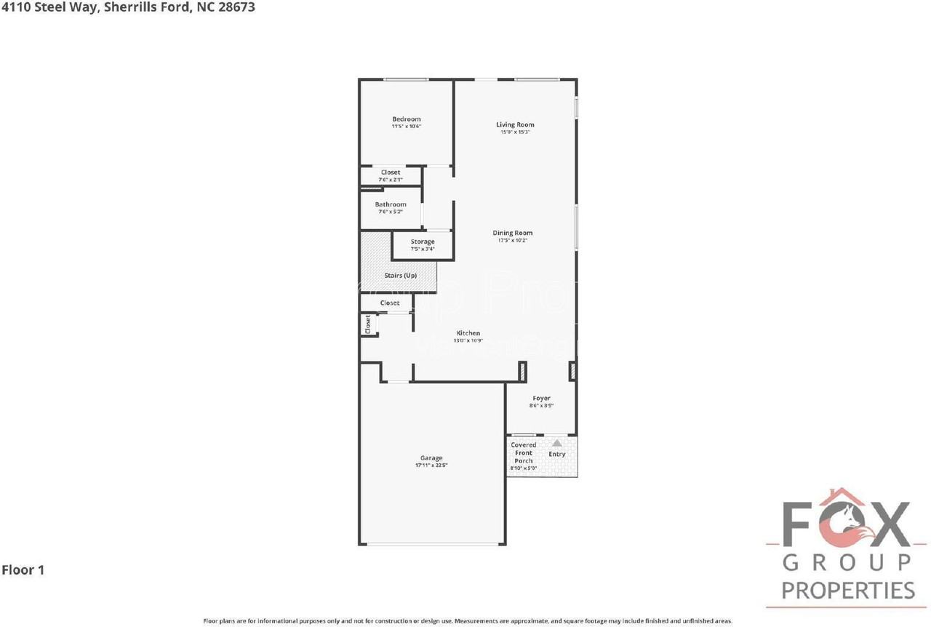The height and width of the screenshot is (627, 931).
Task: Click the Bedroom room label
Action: pyautogui.click(x=406, y=119)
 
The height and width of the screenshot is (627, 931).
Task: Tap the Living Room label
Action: pyautogui.click(x=515, y=125)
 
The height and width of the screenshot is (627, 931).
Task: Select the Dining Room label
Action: pyautogui.click(x=512, y=233)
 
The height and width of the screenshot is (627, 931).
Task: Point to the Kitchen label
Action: pyautogui.click(x=468, y=333)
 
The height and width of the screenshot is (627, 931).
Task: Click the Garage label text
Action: pyautogui.click(x=431, y=458)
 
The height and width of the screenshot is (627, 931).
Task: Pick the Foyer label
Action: pyautogui.click(x=541, y=399)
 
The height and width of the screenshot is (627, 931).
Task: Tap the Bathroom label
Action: pyautogui.click(x=391, y=204)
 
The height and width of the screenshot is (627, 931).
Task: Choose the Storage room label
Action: pyautogui.click(x=423, y=241)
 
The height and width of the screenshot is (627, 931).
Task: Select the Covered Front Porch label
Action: pyautogui.click(x=524, y=452)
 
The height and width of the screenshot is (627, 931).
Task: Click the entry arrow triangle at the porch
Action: pyautogui.click(x=556, y=442)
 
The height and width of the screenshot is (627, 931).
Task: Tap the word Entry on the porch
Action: pyautogui.click(x=556, y=455)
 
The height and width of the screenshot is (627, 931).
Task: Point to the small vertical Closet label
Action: pyautogui.click(x=368, y=324)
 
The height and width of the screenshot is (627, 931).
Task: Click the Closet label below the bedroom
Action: pyautogui.click(x=391, y=172)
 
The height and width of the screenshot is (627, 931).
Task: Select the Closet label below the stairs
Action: pyautogui.click(x=390, y=303)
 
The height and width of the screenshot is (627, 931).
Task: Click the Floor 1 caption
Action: pyautogui.click(x=23, y=570)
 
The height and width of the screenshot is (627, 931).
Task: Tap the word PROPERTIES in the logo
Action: pyautogui.click(x=848, y=590)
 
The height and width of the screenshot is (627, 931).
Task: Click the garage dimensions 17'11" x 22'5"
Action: pyautogui.click(x=431, y=466)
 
